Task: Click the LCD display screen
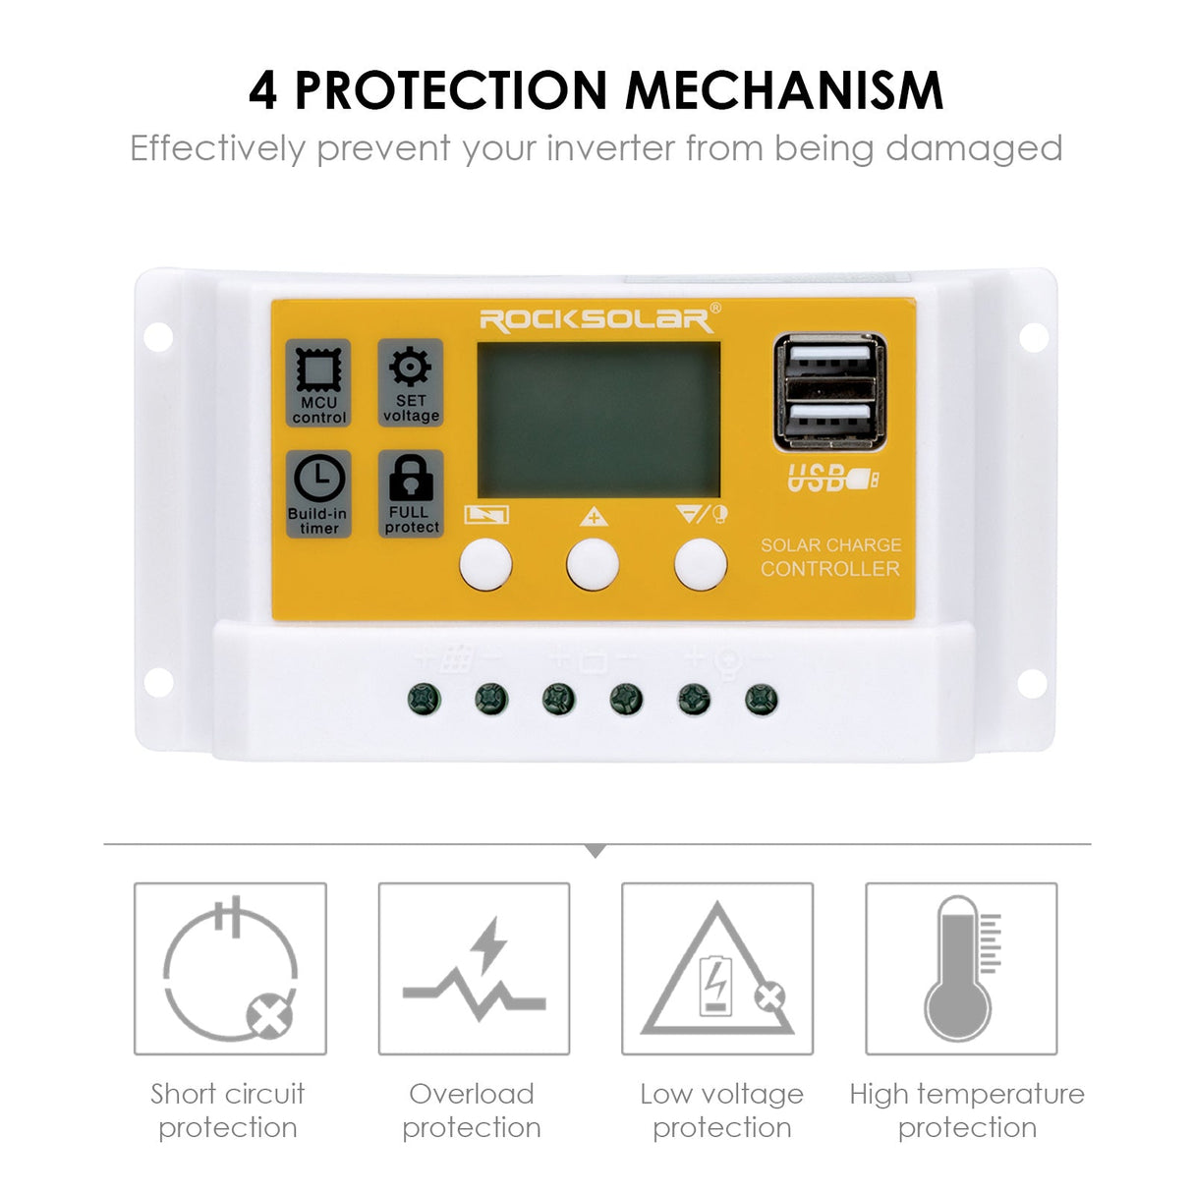coord(597,420)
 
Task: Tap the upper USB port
coord(829,359)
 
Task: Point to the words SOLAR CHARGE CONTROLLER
coord(830,557)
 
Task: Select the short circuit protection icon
coord(230,969)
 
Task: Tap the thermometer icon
coord(961,969)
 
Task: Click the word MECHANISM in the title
coord(784,90)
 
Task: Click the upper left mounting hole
coord(158,337)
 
